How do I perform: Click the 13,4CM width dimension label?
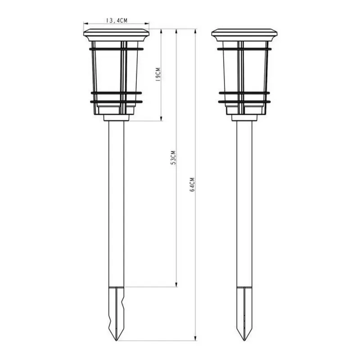coord(117,20)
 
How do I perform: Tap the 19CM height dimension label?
coord(158,74)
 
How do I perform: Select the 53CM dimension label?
coord(173,157)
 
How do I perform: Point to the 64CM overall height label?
coord(193,184)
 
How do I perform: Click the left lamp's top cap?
coord(117,35)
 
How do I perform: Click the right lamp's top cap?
coord(244,35)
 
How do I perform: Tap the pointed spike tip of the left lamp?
coord(117,341)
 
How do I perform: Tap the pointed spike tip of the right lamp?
coord(244,341)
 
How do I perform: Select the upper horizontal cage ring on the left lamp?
coord(117,49)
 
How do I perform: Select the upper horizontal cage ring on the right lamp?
coord(244,49)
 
